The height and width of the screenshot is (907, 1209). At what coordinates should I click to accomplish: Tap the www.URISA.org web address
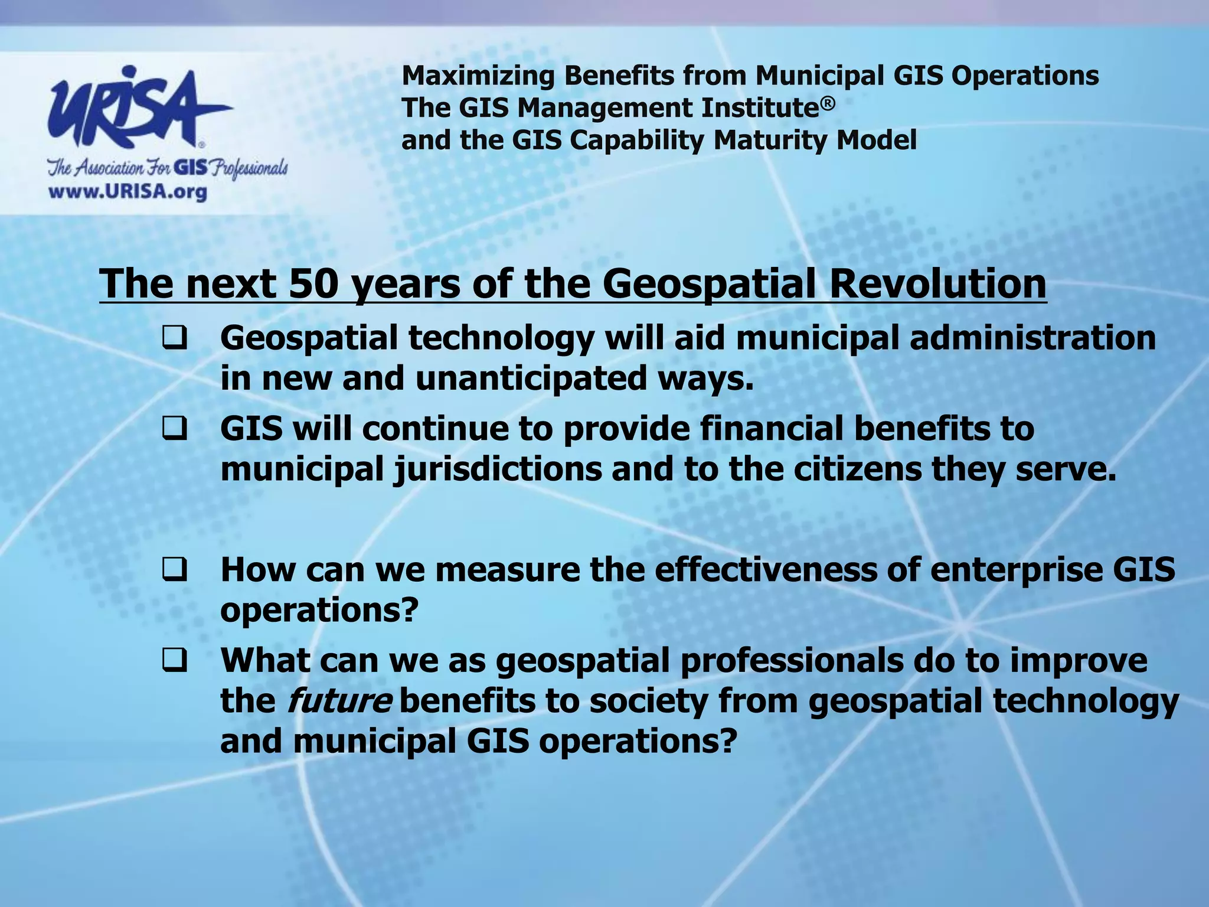click(128, 192)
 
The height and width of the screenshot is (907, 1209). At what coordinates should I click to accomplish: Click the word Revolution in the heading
click(937, 283)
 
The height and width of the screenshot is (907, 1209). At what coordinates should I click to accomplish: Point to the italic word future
click(339, 702)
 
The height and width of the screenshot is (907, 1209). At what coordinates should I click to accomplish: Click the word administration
click(1032, 339)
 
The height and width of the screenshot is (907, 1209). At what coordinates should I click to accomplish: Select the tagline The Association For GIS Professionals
click(168, 168)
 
